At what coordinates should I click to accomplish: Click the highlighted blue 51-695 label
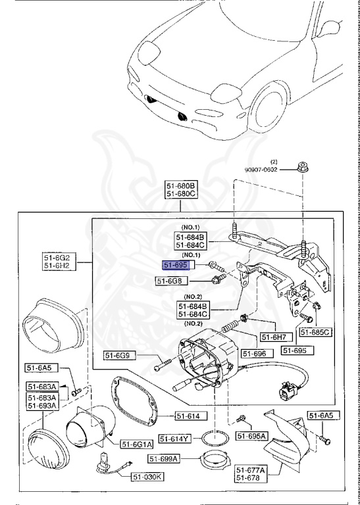(176, 264)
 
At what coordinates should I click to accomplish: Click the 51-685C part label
(316, 333)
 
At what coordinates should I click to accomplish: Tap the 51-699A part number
(163, 458)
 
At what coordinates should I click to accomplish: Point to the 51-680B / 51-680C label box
(181, 191)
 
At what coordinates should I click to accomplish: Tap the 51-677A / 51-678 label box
(251, 474)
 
